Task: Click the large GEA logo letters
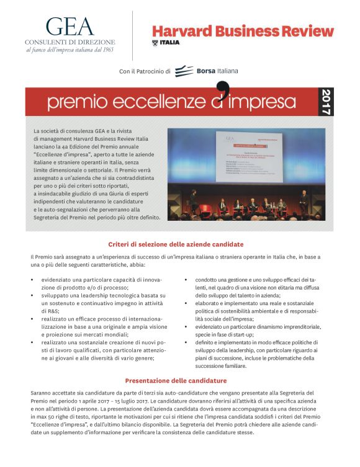(x=70, y=25)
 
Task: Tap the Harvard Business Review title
(x=243, y=31)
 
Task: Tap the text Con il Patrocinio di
(x=145, y=72)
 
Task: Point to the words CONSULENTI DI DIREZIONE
(x=71, y=41)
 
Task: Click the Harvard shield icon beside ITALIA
(x=155, y=42)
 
